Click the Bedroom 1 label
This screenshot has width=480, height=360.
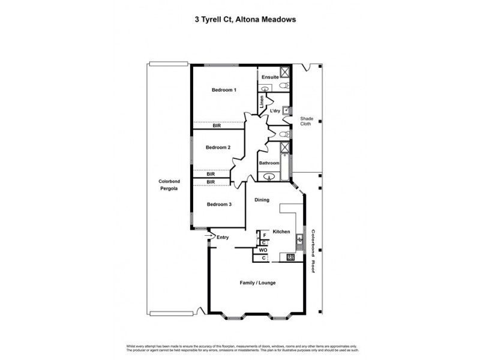click(224, 90)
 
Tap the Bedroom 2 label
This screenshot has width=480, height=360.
click(218, 148)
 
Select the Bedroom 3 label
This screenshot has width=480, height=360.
click(219, 205)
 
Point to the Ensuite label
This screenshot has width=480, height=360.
click(270, 77)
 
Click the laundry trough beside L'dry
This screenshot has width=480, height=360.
click(286, 110)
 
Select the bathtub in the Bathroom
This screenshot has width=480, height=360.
click(286, 161)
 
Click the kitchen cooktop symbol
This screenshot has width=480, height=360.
click(291, 258)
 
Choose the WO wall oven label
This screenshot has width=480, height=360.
click(263, 250)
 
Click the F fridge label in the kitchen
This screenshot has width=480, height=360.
click(265, 235)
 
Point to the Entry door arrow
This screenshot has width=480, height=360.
click(211, 237)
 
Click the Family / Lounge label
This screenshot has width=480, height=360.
click(257, 283)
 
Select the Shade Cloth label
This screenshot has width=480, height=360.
click(307, 121)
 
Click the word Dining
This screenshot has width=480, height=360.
click(262, 200)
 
